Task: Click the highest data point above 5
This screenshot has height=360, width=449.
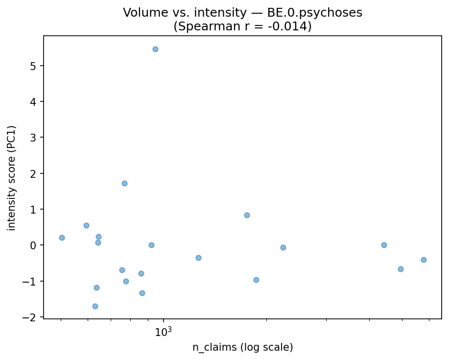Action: click(x=155, y=49)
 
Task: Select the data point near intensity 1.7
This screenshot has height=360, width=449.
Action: click(x=124, y=183)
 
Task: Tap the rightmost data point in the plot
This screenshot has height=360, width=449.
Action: click(x=424, y=260)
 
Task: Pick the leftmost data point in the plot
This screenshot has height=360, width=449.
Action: click(x=62, y=238)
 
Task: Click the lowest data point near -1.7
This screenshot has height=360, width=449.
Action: click(x=95, y=306)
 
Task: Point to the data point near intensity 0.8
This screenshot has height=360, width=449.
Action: click(x=247, y=215)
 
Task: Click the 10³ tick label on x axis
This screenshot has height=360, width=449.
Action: click(x=164, y=332)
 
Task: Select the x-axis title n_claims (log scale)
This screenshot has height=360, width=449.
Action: click(x=242, y=348)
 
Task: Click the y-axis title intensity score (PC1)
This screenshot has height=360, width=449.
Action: click(x=12, y=178)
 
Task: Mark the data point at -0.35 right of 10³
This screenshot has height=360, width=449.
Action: click(x=198, y=258)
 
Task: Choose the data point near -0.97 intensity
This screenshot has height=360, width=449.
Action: click(x=256, y=280)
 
